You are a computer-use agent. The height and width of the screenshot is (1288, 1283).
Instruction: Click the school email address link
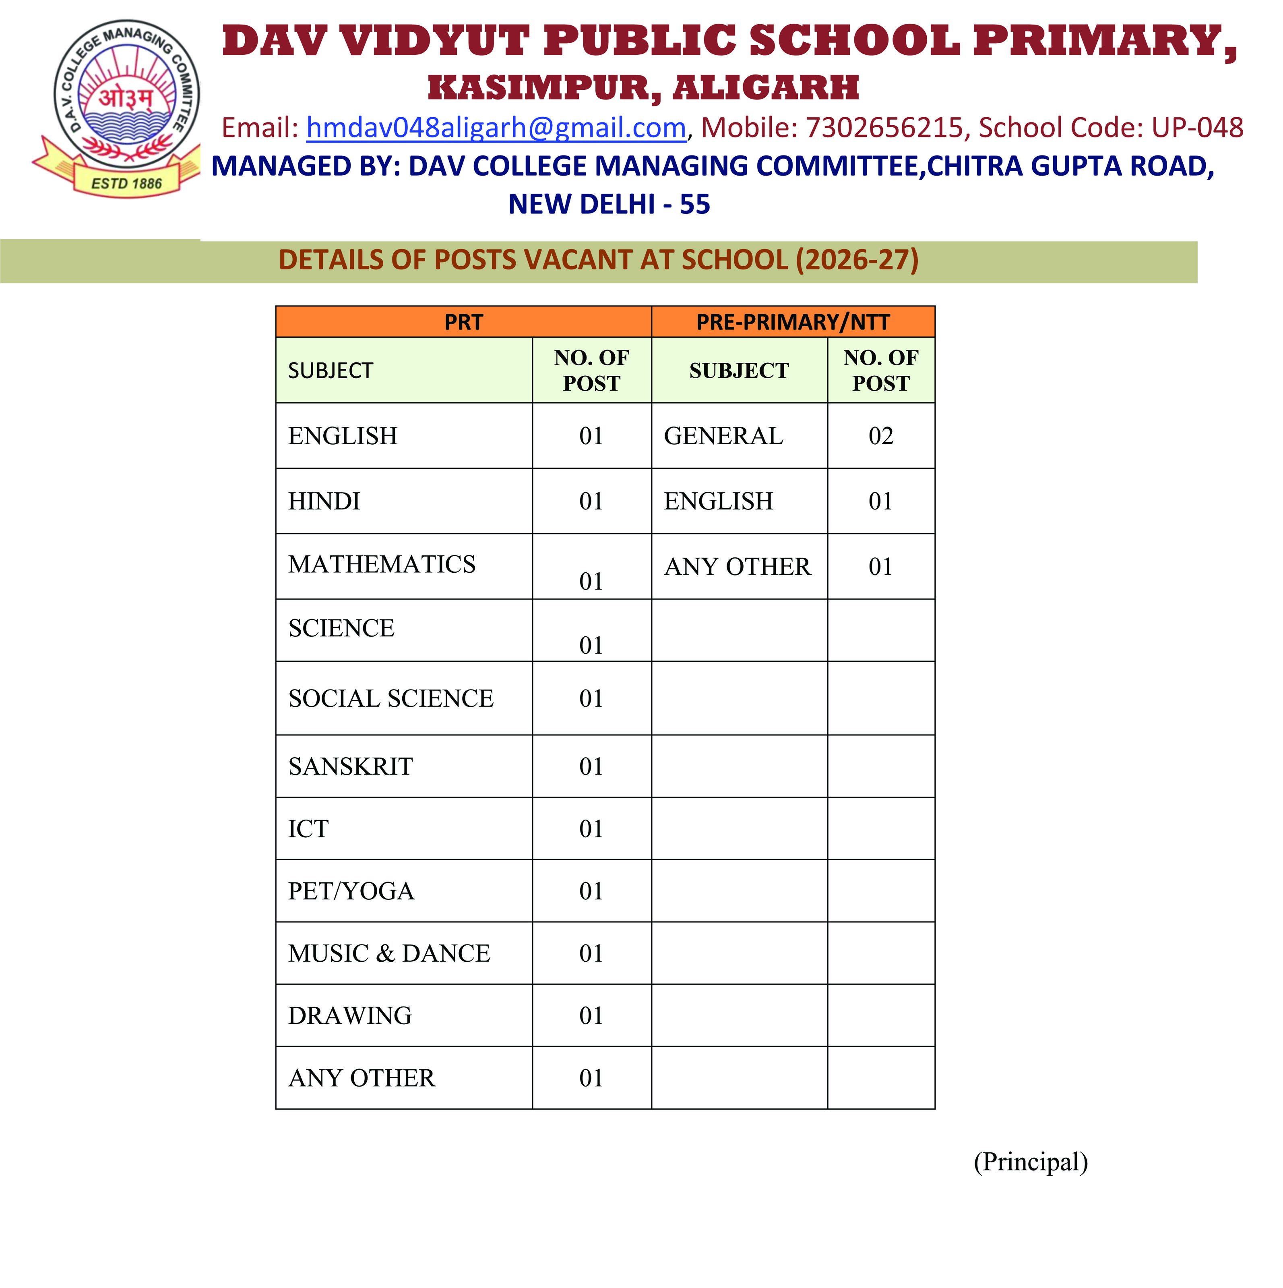click(496, 127)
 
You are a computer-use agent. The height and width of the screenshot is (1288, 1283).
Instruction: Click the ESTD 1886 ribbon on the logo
click(127, 183)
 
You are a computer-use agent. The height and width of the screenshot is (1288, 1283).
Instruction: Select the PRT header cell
click(463, 322)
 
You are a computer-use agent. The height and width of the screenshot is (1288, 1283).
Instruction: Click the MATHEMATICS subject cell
click(382, 565)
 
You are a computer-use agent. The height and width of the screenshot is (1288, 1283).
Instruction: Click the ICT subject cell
click(309, 829)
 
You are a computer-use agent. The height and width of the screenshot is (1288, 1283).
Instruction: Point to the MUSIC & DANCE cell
click(389, 953)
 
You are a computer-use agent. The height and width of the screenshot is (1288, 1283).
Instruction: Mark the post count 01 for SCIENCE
click(591, 645)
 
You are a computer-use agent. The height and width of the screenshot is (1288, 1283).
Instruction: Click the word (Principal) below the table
click(1031, 1162)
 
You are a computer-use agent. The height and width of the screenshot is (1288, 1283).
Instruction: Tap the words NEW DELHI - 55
click(609, 204)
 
